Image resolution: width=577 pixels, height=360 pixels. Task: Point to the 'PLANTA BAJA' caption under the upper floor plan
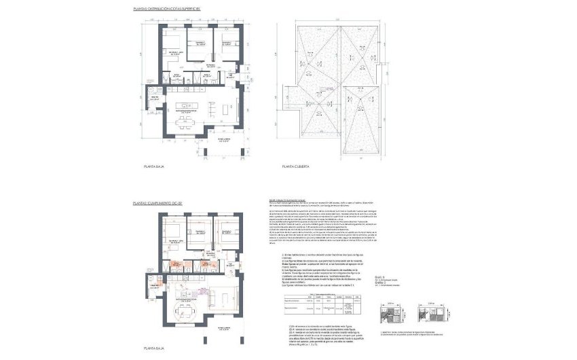(x=155, y=166)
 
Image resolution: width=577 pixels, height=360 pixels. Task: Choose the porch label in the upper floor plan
(x=225, y=140)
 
